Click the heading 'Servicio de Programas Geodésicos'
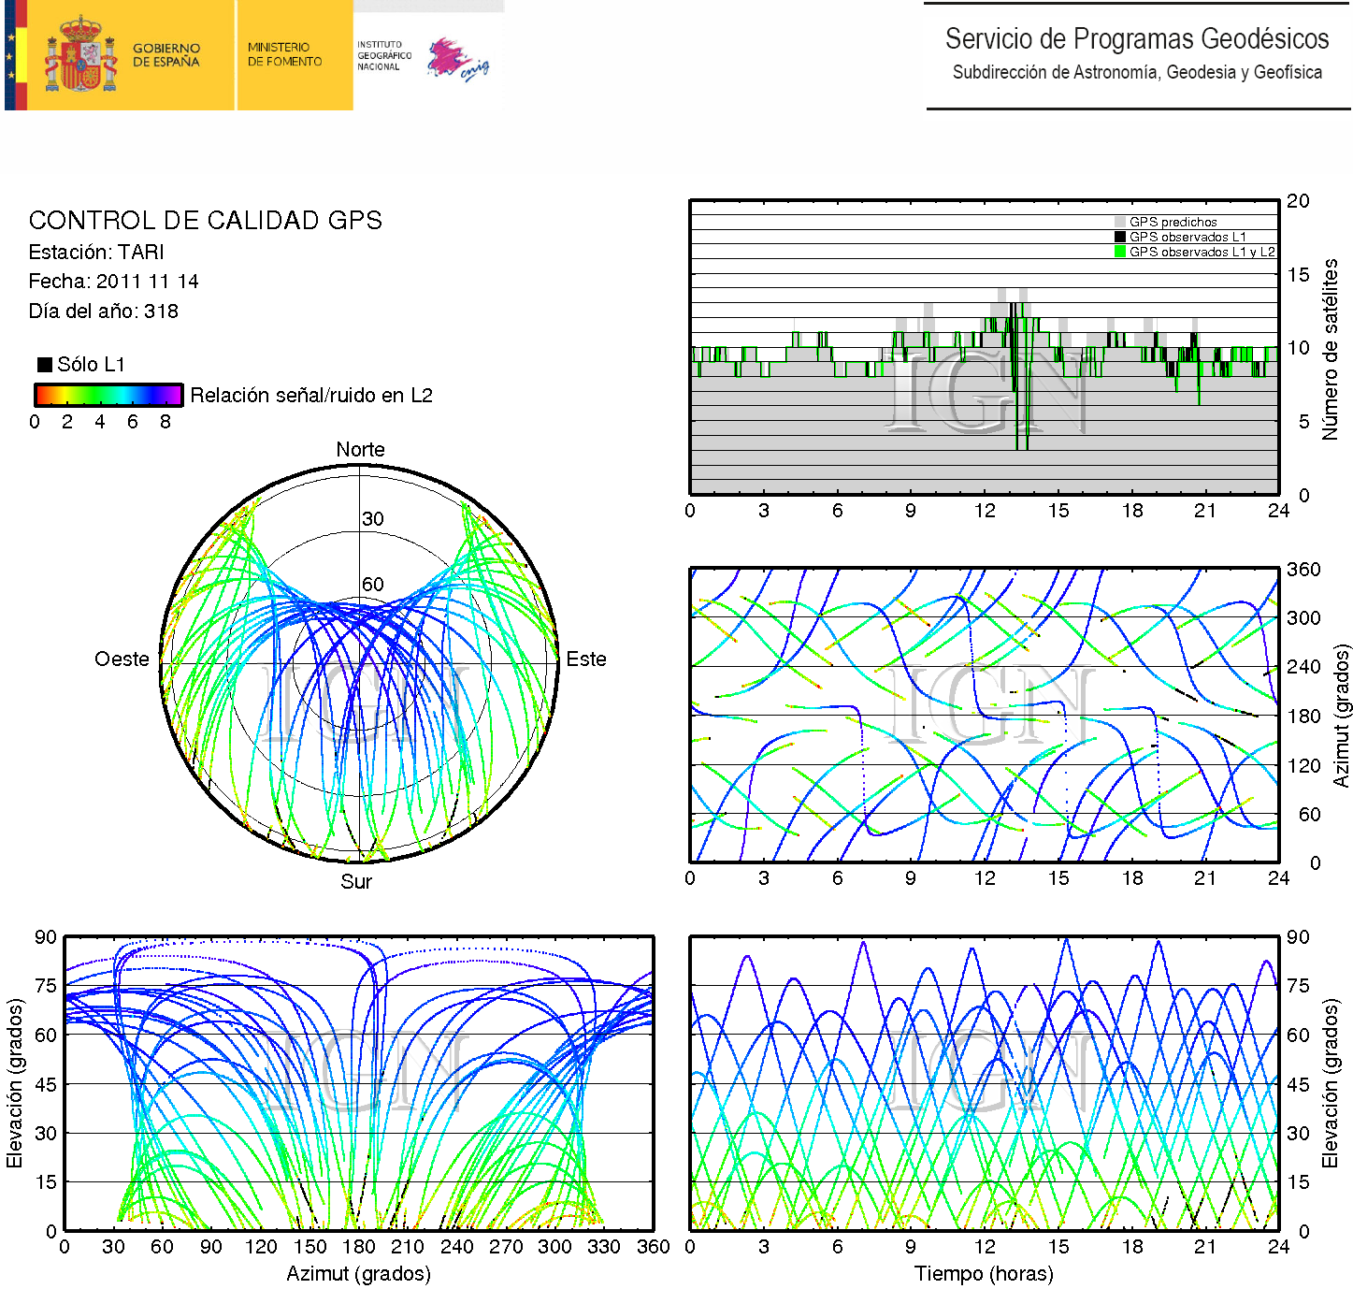pos(1136,39)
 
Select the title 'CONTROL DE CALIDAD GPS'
pos(205,221)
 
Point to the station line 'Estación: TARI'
pos(96,253)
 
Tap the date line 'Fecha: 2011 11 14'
pos(113,282)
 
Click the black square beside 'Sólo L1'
pos(44,365)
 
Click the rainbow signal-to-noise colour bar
pos(108,395)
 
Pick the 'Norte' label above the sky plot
pos(360,450)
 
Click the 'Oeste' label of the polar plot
pos(122,659)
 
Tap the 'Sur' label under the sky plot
pos(356,882)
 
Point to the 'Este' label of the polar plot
pos(586,659)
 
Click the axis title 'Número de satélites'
pos(1330,349)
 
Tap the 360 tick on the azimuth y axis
pos(1303,570)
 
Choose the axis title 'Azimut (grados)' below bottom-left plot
pos(358,1274)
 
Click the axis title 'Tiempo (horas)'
pos(984,1274)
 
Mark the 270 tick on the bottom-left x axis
pos(506,1247)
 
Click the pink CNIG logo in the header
pos(457,60)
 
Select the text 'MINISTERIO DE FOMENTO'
pos(284,54)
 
